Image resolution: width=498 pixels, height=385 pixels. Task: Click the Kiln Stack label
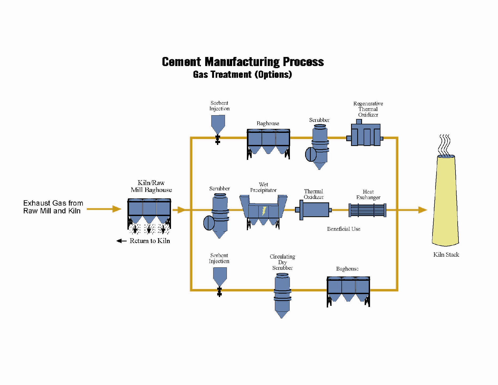(x=446, y=255)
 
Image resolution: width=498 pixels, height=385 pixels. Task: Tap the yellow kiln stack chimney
(x=445, y=201)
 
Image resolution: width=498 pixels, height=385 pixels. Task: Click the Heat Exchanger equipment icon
(x=367, y=210)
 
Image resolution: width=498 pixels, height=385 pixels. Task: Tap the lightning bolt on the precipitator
(x=264, y=211)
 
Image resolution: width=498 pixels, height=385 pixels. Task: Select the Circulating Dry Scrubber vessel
(x=282, y=294)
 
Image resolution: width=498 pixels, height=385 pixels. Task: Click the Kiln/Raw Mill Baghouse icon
(x=149, y=211)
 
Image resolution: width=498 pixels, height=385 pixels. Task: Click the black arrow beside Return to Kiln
(x=122, y=241)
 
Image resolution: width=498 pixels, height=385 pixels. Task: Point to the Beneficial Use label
(x=344, y=229)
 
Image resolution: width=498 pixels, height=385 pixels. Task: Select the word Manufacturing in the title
(x=242, y=62)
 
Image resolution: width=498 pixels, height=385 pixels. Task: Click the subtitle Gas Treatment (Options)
(x=242, y=74)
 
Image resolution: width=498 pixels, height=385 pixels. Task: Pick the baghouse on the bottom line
(x=348, y=290)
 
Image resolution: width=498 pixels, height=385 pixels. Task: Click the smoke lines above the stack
(x=445, y=144)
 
